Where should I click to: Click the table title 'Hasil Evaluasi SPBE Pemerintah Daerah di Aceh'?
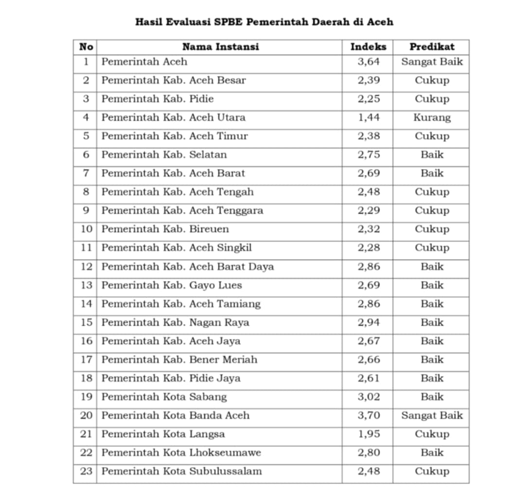coord(264,22)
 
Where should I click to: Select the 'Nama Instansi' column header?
coord(220,47)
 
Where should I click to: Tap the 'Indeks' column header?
coord(368,47)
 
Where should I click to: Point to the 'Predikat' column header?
coord(432,47)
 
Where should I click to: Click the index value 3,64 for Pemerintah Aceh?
coord(368,62)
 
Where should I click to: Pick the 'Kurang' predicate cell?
coord(432,117)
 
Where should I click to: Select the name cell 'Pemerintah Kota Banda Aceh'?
coord(175,415)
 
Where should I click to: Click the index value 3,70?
coord(368,415)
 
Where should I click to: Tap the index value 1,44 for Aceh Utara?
coord(368,117)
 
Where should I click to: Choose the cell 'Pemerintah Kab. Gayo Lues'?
coord(171,285)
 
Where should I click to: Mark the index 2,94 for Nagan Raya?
coord(368,322)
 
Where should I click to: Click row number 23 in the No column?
coord(86,471)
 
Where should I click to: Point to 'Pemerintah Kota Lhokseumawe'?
coord(181,453)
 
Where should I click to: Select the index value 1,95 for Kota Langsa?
coord(368,434)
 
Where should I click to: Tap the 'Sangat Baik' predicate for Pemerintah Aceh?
coord(432,62)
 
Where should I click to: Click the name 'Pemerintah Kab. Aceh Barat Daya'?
coord(187,267)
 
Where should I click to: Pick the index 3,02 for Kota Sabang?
coord(368,397)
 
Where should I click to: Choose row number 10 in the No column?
coord(86,229)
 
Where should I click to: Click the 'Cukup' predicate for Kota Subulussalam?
coord(432,471)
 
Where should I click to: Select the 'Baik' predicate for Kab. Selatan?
coord(432,155)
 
